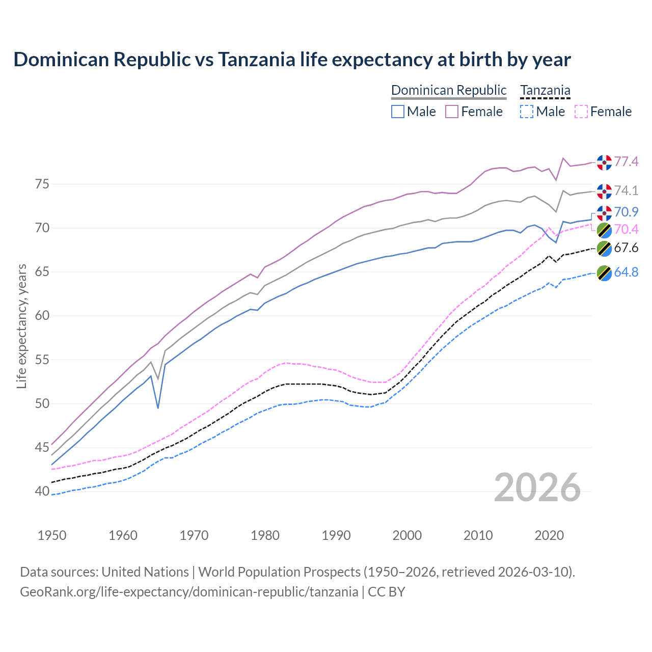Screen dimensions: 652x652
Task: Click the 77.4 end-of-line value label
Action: [626, 161]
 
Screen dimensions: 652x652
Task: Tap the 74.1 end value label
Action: [626, 191]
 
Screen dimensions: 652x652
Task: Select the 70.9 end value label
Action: [626, 212]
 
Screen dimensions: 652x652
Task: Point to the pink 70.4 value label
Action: [626, 229]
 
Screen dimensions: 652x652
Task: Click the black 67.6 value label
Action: [626, 248]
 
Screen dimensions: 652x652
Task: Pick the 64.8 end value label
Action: [626, 272]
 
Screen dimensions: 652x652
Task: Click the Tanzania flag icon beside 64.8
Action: [604, 273]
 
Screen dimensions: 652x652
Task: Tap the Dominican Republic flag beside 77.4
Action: [604, 162]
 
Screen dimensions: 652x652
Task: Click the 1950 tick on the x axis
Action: [52, 535]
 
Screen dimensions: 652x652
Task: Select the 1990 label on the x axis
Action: [336, 535]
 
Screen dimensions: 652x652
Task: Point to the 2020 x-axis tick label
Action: [549, 535]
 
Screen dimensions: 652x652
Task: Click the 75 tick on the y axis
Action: [42, 184]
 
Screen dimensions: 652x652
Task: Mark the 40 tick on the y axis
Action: [42, 492]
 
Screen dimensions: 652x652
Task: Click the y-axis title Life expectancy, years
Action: [21, 326]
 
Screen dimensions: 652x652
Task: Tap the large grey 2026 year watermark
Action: [537, 487]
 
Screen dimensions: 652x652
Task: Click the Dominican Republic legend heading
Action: [449, 90]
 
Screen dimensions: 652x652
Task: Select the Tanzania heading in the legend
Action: [545, 90]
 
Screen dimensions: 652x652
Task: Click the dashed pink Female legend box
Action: [581, 112]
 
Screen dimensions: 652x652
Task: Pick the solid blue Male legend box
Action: [398, 112]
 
